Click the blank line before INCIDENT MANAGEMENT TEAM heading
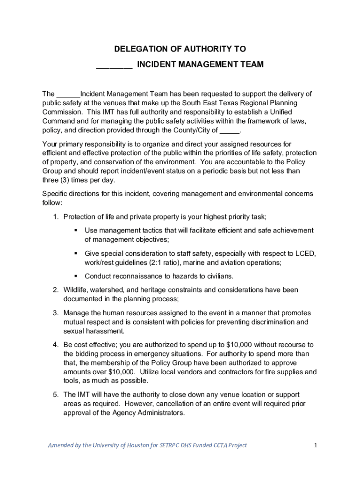[115, 65]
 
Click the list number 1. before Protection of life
[55, 217]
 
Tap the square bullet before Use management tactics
[75, 230]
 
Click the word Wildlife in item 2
[76, 290]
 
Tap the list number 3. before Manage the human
[55, 313]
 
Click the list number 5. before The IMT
[55, 395]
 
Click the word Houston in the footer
[137, 445]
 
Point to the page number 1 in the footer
[316, 445]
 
